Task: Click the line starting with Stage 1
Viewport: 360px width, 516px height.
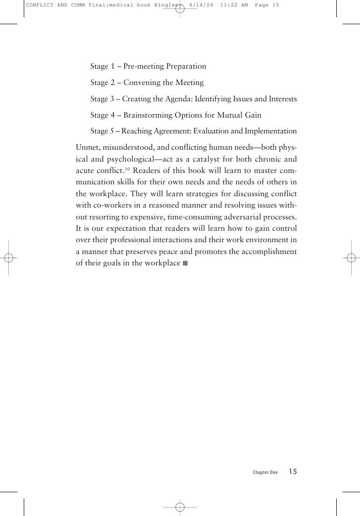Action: (148, 67)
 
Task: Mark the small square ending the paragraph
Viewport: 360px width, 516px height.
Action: (185, 263)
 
